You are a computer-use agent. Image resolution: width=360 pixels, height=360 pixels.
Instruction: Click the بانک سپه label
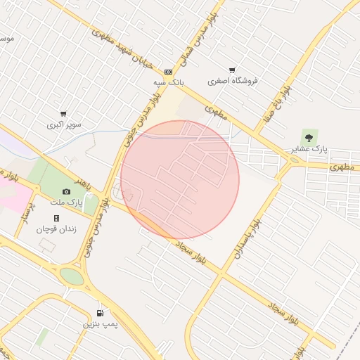169,82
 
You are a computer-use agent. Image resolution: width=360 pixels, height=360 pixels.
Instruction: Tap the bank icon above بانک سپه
169,72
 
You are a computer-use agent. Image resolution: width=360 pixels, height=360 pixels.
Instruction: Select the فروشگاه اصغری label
232,80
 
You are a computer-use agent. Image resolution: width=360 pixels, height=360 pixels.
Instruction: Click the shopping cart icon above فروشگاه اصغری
232,70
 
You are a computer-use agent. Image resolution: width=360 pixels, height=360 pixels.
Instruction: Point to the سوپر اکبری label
64,124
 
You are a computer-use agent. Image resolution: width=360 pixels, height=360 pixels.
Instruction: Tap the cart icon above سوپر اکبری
64,113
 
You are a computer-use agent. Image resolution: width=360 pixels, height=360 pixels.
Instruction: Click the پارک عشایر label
309,149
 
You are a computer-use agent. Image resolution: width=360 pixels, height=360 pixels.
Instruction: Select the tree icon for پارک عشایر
309,136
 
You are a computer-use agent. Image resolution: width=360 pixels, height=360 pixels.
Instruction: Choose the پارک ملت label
67,202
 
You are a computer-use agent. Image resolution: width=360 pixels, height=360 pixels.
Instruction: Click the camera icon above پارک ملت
67,191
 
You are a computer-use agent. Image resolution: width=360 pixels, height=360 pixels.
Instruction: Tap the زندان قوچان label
56,229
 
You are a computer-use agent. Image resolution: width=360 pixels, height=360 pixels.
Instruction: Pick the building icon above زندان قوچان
56,218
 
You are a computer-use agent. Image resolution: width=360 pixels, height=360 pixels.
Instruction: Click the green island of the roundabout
71,276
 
